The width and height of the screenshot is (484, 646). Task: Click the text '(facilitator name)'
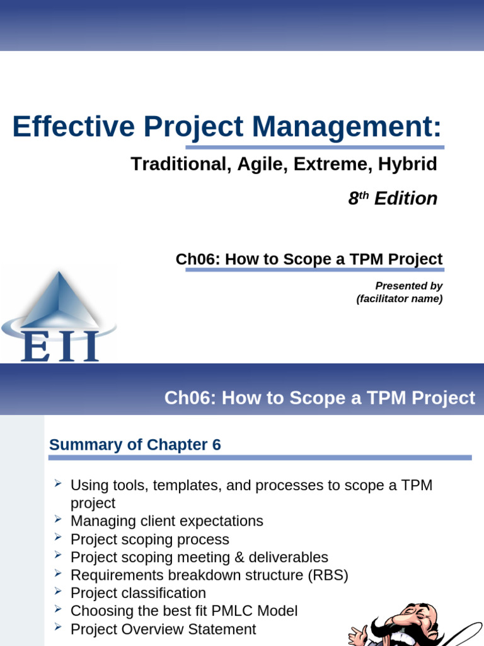399,299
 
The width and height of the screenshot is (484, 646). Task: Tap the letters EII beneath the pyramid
60,346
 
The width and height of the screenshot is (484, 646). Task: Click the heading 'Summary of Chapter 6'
135,445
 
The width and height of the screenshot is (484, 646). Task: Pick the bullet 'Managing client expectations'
166,521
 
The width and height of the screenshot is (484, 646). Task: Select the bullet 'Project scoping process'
149,539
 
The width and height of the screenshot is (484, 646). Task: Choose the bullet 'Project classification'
138,593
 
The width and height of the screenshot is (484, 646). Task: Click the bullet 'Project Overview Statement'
163,629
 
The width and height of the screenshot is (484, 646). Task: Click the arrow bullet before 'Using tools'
57,484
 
